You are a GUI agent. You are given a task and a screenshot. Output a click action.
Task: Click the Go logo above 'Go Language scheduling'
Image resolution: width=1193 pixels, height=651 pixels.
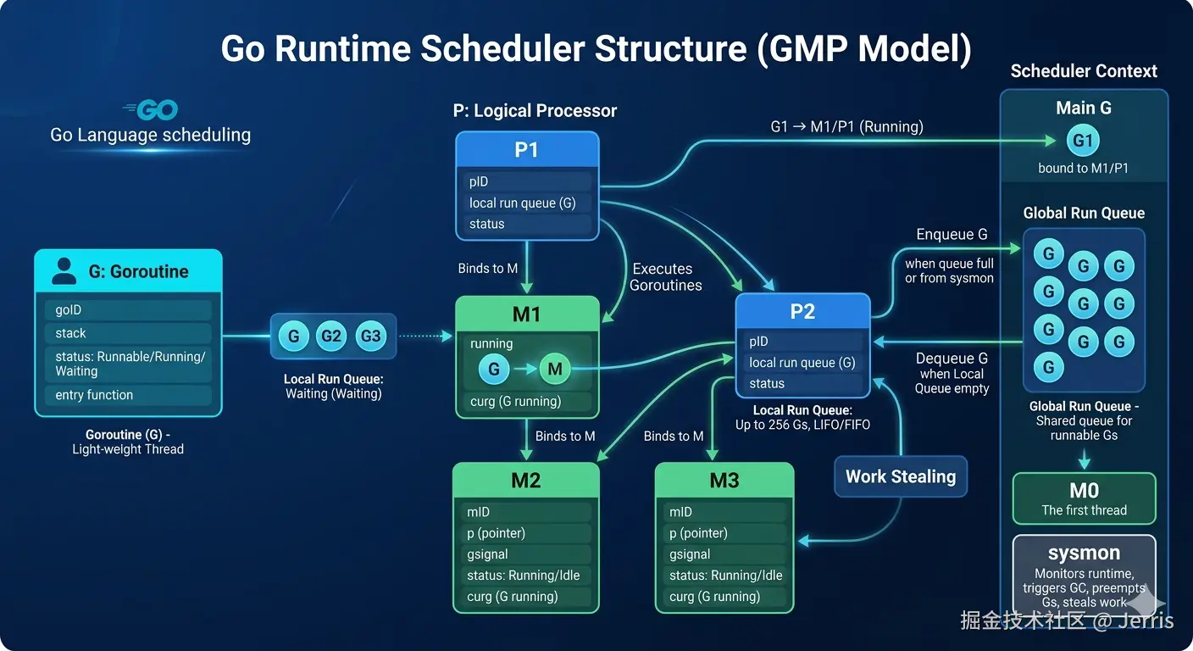click(151, 109)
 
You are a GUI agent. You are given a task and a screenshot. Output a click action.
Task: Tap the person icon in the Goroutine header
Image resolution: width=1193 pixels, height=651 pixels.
click(64, 271)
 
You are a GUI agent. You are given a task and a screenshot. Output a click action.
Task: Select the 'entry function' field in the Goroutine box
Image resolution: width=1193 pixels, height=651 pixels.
click(128, 395)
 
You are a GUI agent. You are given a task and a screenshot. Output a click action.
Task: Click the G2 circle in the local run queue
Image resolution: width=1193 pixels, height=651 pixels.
click(330, 337)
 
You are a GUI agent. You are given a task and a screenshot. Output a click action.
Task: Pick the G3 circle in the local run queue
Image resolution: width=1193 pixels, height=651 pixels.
click(370, 337)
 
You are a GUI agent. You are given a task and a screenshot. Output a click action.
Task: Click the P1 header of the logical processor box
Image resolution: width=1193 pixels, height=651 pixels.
click(527, 150)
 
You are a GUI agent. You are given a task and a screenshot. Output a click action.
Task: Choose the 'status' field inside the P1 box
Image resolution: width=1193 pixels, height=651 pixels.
click(527, 224)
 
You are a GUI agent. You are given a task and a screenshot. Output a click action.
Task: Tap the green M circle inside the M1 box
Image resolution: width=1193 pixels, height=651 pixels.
click(555, 369)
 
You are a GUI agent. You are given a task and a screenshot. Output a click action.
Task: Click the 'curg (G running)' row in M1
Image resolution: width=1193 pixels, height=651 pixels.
click(527, 401)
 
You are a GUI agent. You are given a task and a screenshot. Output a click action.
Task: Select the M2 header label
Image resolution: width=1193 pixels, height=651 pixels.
click(526, 481)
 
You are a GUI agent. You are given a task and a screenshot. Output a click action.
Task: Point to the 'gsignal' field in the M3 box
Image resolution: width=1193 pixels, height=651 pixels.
click(724, 554)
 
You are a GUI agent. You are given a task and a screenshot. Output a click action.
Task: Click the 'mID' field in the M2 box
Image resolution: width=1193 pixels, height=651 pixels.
click(526, 512)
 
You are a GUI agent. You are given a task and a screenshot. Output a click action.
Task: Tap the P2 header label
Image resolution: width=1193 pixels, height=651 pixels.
click(802, 311)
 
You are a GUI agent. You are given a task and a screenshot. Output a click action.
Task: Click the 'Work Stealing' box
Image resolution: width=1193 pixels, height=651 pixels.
click(901, 476)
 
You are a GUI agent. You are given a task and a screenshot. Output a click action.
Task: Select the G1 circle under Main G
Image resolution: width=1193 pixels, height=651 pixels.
click(1083, 140)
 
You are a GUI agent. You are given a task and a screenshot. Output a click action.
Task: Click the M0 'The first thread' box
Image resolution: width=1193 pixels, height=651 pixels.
click(1085, 498)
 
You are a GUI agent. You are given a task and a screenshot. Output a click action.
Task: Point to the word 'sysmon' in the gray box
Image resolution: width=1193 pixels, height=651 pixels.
click(1084, 553)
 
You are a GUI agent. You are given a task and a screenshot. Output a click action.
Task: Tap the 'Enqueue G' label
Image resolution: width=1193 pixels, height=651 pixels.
click(952, 235)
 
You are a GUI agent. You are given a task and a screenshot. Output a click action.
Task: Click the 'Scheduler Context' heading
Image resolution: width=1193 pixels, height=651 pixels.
click(1084, 71)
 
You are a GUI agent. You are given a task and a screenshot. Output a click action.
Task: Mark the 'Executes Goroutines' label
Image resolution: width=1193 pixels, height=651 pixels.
click(665, 277)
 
